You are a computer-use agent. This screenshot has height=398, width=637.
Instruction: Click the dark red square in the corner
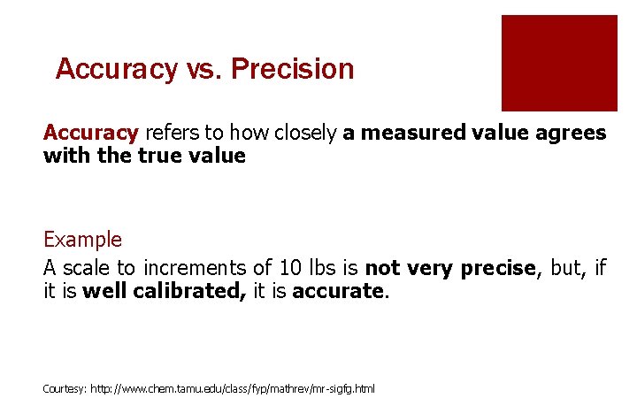coord(559,63)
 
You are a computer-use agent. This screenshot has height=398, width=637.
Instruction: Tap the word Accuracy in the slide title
coord(115,69)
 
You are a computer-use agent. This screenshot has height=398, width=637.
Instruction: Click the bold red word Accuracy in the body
coord(91,134)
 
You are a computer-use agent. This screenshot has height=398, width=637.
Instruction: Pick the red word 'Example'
coord(83,240)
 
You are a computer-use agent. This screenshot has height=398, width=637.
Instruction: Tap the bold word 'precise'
coord(497,268)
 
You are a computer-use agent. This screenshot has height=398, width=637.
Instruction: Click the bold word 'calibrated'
coord(190,290)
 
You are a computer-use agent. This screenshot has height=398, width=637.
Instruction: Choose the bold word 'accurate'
coord(339,290)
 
